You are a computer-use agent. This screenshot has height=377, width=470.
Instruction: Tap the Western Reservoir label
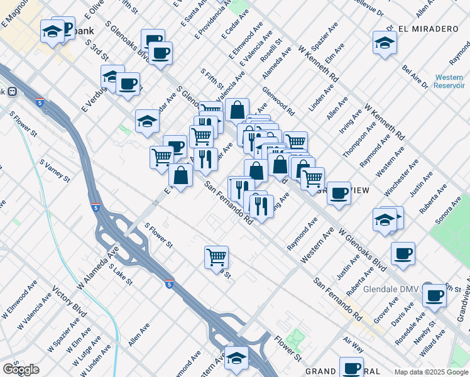pos(449,81)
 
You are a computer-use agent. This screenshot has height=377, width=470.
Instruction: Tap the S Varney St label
pos(54,171)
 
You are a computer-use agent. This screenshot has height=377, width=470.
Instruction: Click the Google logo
pos(21,369)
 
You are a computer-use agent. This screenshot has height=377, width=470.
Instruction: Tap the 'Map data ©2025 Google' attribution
pos(430,372)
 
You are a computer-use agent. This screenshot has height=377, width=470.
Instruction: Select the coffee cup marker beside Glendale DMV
pos(434,295)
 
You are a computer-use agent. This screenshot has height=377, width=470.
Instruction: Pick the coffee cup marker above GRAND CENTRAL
pos(351,368)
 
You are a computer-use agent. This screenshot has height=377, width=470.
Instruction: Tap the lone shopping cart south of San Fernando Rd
pos(216,256)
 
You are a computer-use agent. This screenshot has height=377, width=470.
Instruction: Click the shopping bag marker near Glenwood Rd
pos(237,109)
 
